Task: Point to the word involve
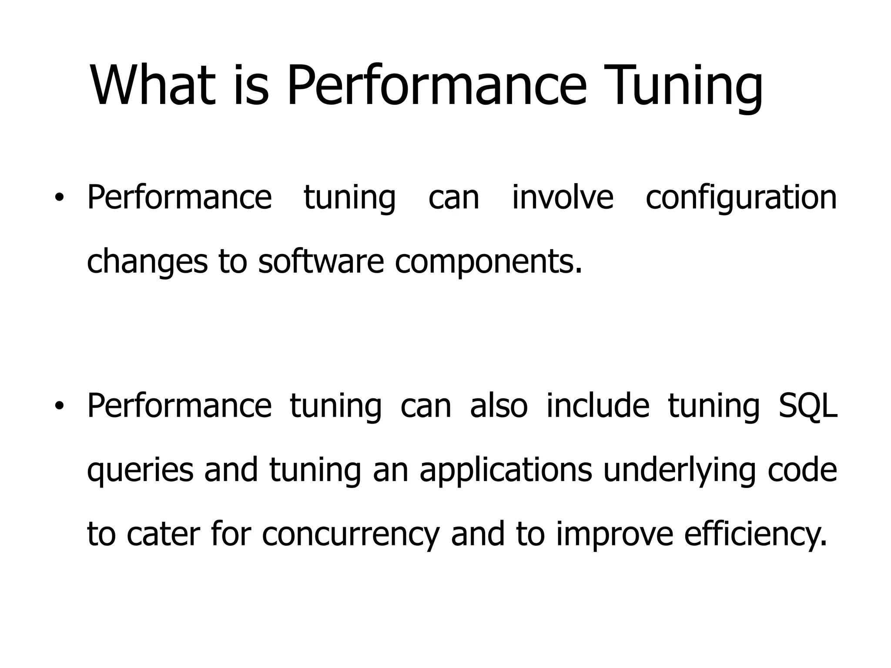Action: click(563, 197)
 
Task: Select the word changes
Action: click(147, 262)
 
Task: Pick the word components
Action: click(488, 262)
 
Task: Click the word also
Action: click(499, 405)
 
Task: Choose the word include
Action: click(598, 405)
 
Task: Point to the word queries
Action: click(140, 471)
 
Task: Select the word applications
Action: click(506, 471)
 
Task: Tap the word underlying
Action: click(679, 471)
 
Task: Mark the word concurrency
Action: click(351, 535)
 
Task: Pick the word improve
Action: click(615, 535)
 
